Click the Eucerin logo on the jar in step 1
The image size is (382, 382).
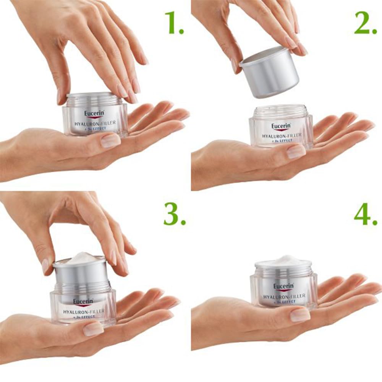[x=94, y=113]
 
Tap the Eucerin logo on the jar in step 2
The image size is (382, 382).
[x=281, y=126]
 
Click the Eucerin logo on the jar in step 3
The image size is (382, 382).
[x=83, y=302]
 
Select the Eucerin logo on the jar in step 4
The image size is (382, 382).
[x=283, y=286]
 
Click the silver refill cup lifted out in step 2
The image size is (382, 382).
[x=271, y=73]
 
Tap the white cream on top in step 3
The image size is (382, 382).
[x=81, y=259]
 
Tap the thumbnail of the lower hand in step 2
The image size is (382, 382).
[x=296, y=152]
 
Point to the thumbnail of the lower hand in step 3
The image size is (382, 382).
[x=93, y=329]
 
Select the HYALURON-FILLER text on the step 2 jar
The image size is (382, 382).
[x=281, y=135]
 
